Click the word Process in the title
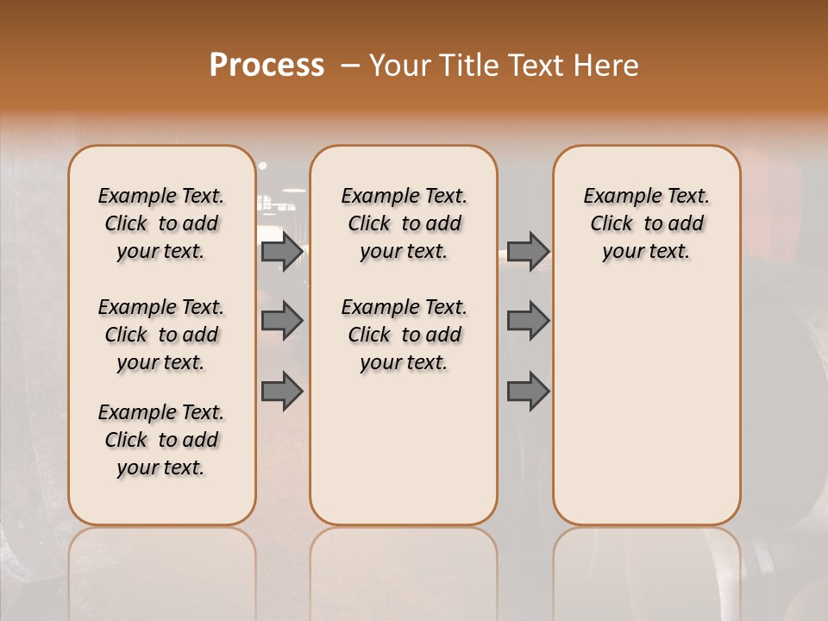coord(266,66)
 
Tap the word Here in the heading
coord(607,66)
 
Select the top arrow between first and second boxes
coord(282,252)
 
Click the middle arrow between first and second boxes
coord(282,322)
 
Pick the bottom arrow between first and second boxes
coord(282,391)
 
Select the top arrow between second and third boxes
coord(528,252)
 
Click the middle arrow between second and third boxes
coord(528,322)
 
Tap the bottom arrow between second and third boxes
coord(528,391)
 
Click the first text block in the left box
coord(161,223)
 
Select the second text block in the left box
coord(161,335)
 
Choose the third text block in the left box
coord(161,440)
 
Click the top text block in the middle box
coord(404,223)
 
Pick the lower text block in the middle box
coord(404,335)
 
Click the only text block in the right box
coord(646,223)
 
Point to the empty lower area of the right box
coord(646,405)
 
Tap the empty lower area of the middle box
coord(404,448)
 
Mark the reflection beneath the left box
coord(161,561)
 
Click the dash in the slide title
coord(351,66)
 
